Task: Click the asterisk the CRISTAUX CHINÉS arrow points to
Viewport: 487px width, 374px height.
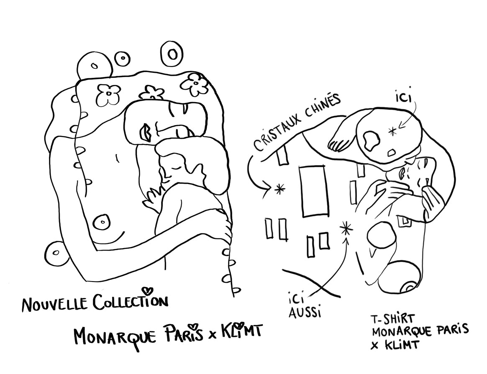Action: (279, 189)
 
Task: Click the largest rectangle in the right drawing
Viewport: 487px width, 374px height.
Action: (313, 191)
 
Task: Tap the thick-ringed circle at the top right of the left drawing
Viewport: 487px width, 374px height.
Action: (172, 54)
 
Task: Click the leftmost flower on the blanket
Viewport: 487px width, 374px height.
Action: (108, 95)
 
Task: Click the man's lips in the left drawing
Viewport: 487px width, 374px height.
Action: (148, 132)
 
